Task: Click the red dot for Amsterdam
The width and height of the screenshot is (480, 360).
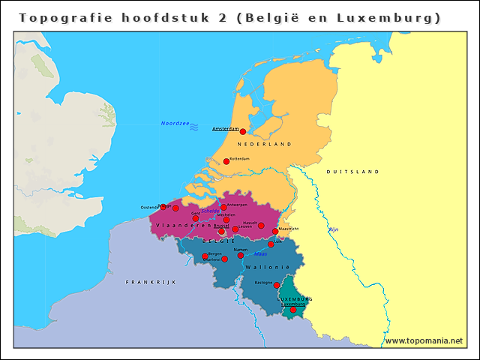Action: tap(242, 131)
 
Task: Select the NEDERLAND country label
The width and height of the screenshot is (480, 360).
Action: tap(263, 143)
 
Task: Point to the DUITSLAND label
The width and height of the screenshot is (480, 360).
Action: tap(352, 172)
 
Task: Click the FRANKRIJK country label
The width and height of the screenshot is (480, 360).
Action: tap(150, 281)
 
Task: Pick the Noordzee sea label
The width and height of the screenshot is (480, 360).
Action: tap(174, 123)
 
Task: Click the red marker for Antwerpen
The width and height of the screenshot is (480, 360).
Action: tap(223, 207)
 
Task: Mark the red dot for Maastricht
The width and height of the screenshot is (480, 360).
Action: tap(274, 231)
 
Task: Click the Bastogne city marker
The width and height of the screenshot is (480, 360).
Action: tap(277, 285)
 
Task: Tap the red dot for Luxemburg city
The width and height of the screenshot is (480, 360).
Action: tap(293, 310)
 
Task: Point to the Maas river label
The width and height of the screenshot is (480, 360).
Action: tap(260, 254)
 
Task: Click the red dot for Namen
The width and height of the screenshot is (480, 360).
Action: tap(241, 255)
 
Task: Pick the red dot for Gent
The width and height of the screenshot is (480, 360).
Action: tap(196, 218)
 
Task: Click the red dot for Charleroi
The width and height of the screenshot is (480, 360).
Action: tap(224, 259)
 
